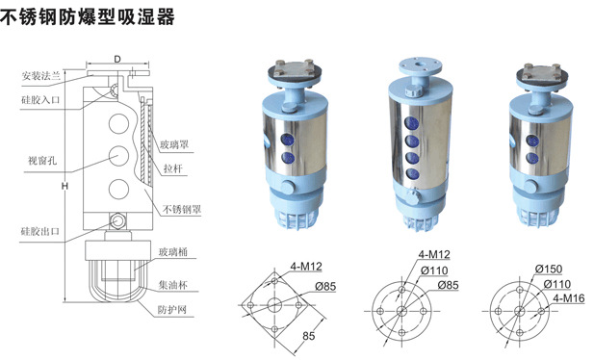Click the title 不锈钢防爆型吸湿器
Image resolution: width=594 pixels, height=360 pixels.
pos(88,16)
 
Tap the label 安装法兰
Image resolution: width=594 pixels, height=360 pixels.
pos(40,76)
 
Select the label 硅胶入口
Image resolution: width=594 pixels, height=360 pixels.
pos(40,100)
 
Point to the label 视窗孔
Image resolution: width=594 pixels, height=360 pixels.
pos(42,161)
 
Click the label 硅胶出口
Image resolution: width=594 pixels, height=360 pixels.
pos(40,231)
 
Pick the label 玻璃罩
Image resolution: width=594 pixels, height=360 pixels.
pos(174,144)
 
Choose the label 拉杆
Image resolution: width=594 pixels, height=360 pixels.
pos(173,168)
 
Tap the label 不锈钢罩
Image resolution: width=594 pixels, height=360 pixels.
pos(182,209)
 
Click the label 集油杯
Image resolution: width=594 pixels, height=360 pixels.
pos(172,285)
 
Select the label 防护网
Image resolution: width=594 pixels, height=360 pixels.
pos(172,310)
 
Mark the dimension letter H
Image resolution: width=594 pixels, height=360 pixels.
pos(65,186)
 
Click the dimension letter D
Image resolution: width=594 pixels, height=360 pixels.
pos(117,59)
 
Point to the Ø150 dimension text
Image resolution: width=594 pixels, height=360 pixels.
pos(549,270)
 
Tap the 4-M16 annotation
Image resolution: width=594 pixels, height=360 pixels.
pos(569,298)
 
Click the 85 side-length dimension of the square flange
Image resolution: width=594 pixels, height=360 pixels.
pos(309,336)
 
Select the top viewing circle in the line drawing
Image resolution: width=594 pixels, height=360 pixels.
pos(119,123)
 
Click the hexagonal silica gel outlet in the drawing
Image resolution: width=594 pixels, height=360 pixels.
pos(117,220)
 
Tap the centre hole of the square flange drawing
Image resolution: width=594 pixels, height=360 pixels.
pos(274,304)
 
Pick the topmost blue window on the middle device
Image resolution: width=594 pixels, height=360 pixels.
pos(411,123)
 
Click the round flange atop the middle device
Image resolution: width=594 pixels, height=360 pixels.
pos(420,66)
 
